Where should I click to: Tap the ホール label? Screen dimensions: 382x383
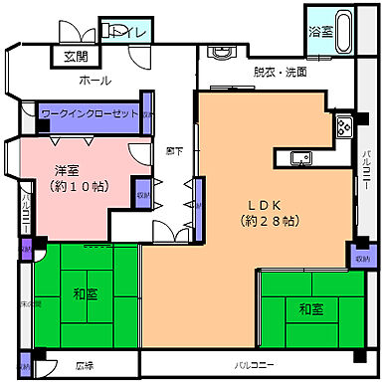[95, 81]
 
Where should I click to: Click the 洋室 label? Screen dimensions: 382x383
[67, 169]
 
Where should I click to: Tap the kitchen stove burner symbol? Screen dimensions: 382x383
[343, 127]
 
